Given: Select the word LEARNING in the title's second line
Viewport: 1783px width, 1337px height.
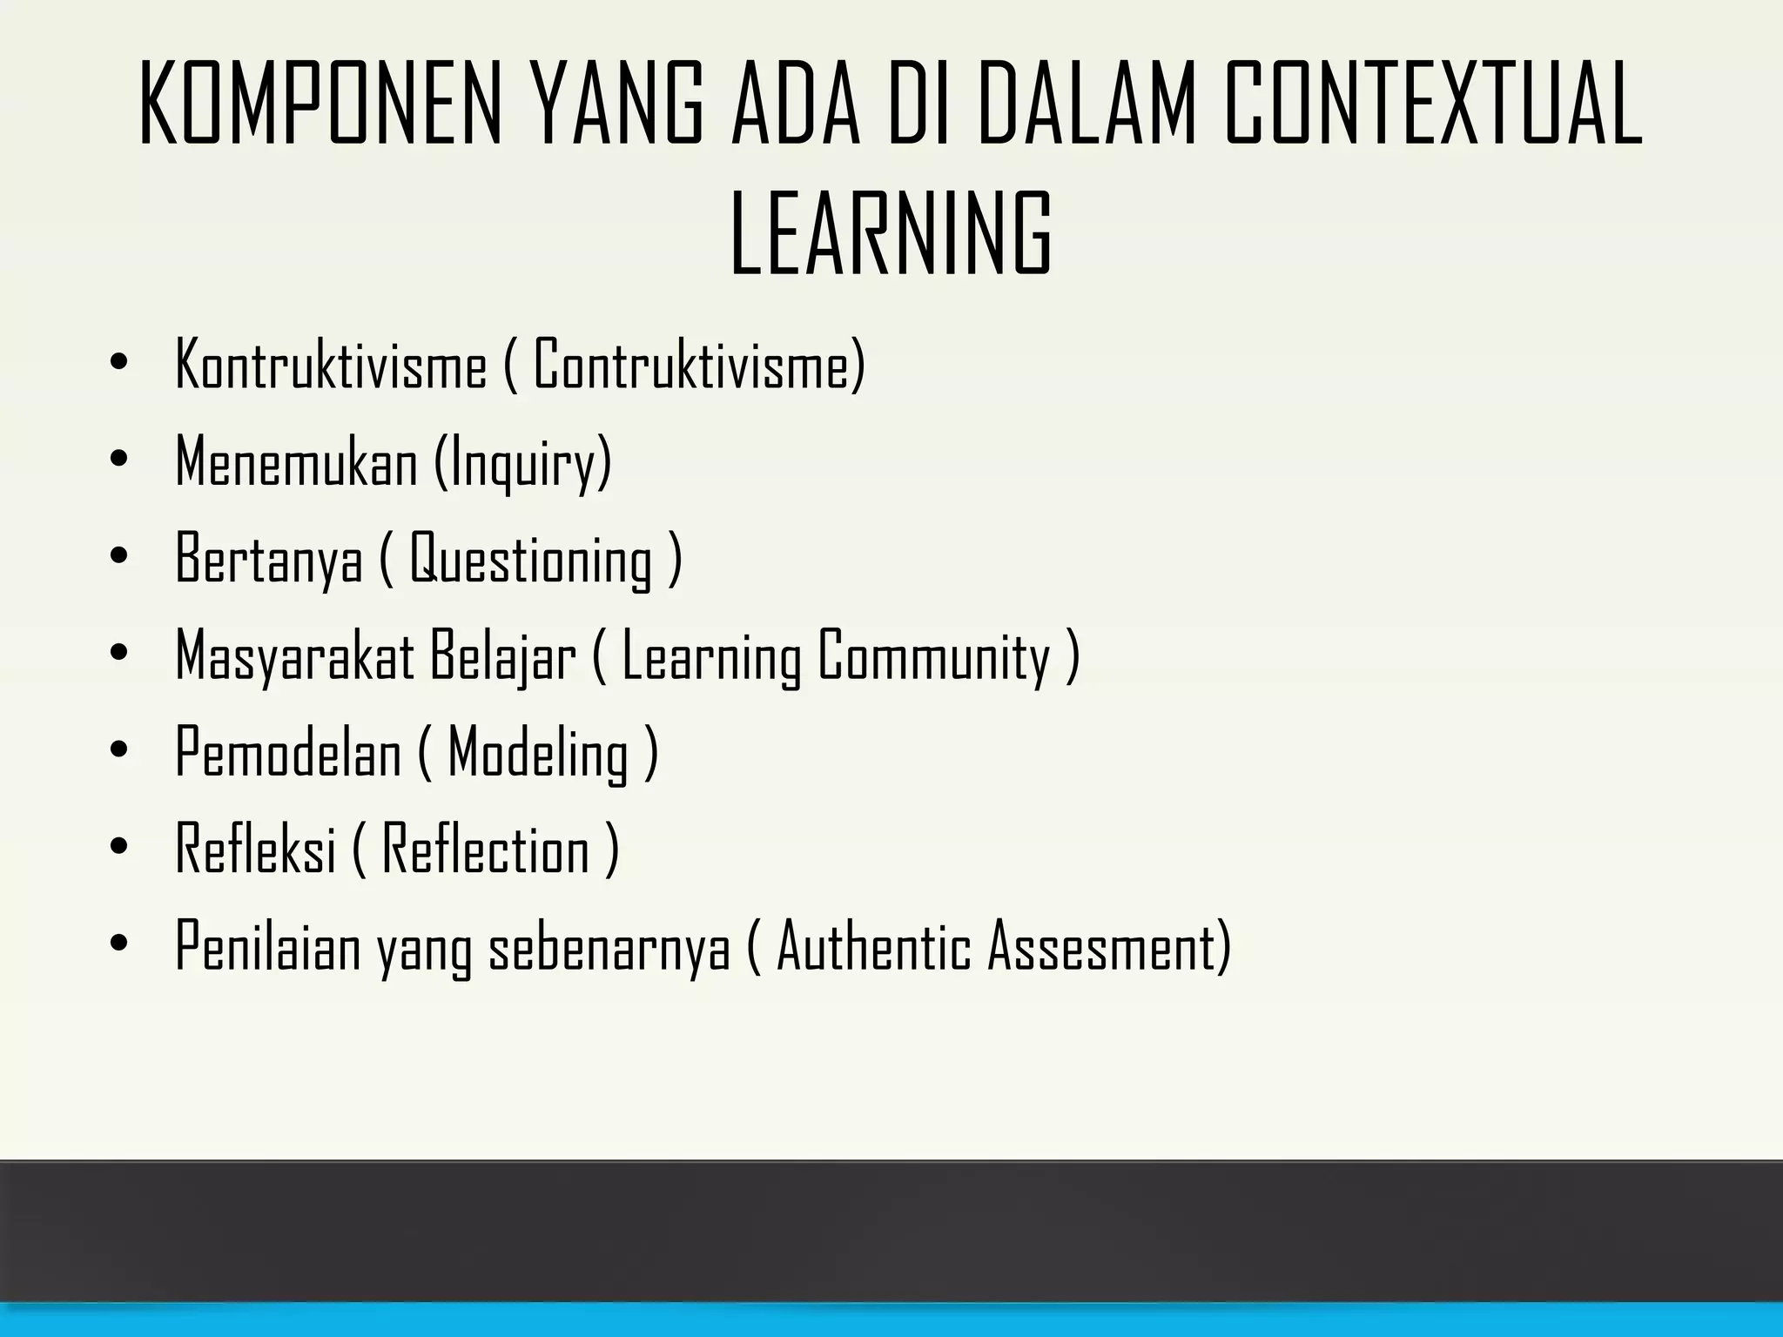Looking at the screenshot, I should tap(891, 233).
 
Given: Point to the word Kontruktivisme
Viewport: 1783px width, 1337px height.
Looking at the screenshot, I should tap(331, 366).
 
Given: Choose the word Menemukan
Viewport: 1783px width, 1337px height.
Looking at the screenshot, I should tap(297, 463).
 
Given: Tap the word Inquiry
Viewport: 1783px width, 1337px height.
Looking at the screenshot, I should tap(523, 463).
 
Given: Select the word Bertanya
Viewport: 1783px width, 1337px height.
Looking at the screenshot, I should tap(269, 560).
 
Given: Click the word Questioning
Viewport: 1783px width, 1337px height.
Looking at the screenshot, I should tap(531, 560).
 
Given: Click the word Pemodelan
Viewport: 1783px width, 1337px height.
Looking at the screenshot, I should tap(288, 754).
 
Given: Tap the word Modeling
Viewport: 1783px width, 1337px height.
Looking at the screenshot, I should tap(538, 754).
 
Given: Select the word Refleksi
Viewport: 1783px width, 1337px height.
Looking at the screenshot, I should tap(256, 850).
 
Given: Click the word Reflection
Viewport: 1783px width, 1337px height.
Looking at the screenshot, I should tap(486, 850).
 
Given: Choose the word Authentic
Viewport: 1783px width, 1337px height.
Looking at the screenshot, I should tap(873, 948).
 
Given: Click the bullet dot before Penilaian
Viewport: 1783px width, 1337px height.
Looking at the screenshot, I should tap(119, 944).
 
